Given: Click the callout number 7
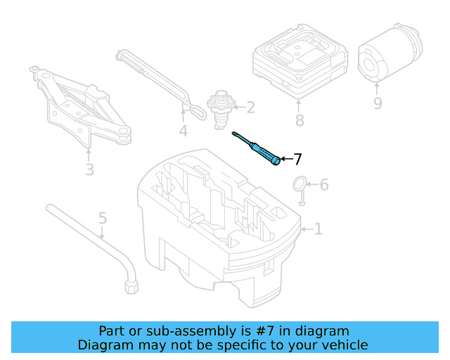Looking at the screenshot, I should coord(297,159).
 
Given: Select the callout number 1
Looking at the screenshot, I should coord(318,229).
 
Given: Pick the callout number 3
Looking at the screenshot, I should coord(183,131).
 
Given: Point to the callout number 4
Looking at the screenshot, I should coord(103,219).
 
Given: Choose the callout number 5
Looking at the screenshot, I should coord(323,185).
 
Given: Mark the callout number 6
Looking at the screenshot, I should coord(323,185).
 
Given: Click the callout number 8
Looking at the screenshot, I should coord(300,120).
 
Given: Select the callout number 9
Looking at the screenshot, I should coord(378,103).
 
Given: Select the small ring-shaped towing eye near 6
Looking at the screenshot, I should coord(300,186).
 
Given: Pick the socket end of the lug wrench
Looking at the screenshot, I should coord(131,286).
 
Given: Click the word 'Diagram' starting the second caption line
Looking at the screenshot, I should coord(103,345).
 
